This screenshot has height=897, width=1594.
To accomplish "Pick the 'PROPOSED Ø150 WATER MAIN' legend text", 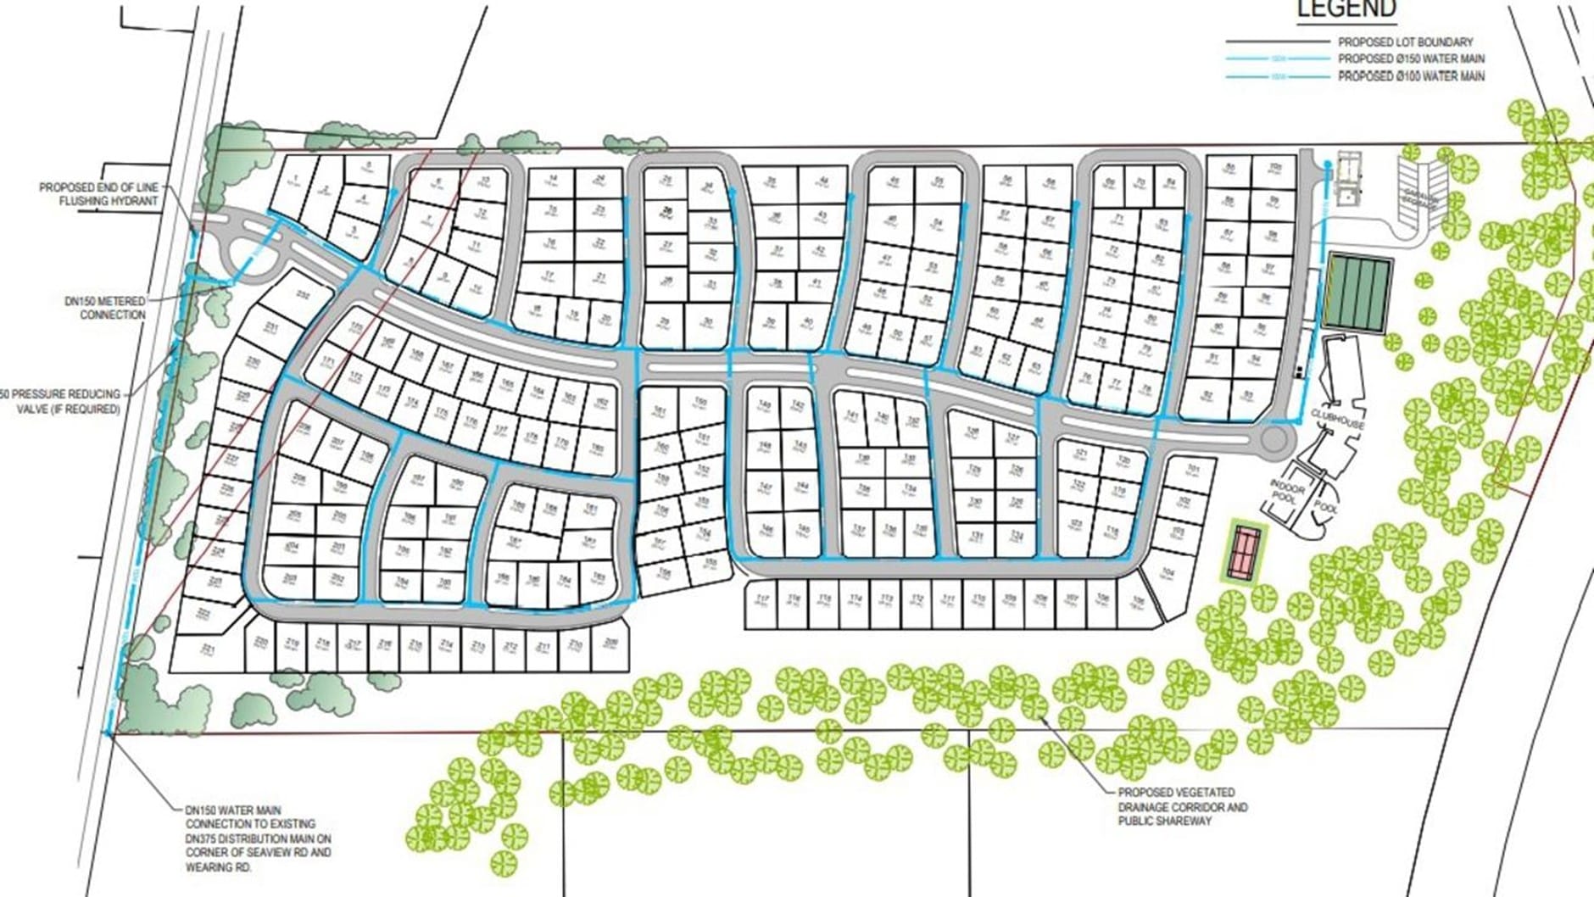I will tap(1411, 58).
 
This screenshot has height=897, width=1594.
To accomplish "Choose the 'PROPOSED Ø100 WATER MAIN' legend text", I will tap(1411, 76).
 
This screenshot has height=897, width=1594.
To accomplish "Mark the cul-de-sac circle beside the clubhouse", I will tap(1274, 439).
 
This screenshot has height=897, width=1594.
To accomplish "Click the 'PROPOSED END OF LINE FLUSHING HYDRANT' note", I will tap(98, 194).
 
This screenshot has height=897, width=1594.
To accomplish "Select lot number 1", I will tap(295, 179).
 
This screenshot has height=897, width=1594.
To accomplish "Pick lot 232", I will tap(301, 294).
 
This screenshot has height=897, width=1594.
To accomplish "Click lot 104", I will tap(1168, 574).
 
